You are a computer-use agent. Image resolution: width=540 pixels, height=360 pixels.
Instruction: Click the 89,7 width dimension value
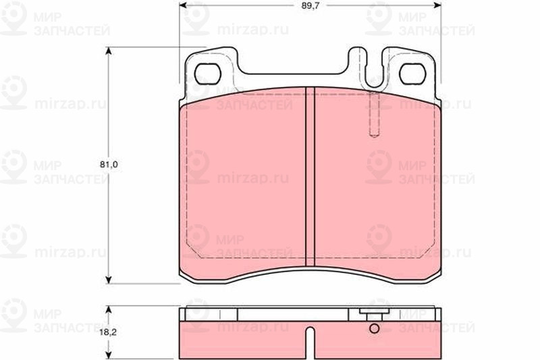coord(308,5)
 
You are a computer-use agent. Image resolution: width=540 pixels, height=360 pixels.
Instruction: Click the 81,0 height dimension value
coord(109,165)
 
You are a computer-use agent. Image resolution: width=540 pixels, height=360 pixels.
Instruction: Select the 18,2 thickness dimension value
coord(109,332)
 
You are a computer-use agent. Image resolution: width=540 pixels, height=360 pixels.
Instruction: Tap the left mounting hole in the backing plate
coord(207,74)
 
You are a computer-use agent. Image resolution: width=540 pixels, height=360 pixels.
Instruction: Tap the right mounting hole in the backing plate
coord(412,74)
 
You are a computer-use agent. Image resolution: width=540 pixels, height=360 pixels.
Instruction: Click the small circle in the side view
coord(375,329)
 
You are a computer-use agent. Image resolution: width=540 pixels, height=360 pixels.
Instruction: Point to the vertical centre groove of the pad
coord(310,176)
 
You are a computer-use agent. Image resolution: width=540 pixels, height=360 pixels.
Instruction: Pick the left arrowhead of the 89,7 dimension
coord(183,5)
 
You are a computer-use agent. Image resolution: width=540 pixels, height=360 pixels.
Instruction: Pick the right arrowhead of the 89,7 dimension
coord(437,5)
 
